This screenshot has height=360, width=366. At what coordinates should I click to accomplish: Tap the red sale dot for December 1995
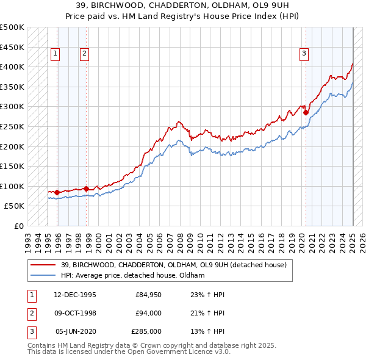[57, 192]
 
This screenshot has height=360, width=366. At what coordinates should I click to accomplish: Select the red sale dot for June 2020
[306, 112]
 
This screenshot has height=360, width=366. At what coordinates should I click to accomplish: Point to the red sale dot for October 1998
[86, 189]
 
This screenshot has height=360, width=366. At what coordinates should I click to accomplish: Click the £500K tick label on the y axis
[12, 27]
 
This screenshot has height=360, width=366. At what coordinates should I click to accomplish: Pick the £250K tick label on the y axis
[12, 126]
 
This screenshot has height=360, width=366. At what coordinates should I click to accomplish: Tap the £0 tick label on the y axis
[19, 226]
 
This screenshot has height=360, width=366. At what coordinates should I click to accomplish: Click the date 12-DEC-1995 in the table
[75, 295]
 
